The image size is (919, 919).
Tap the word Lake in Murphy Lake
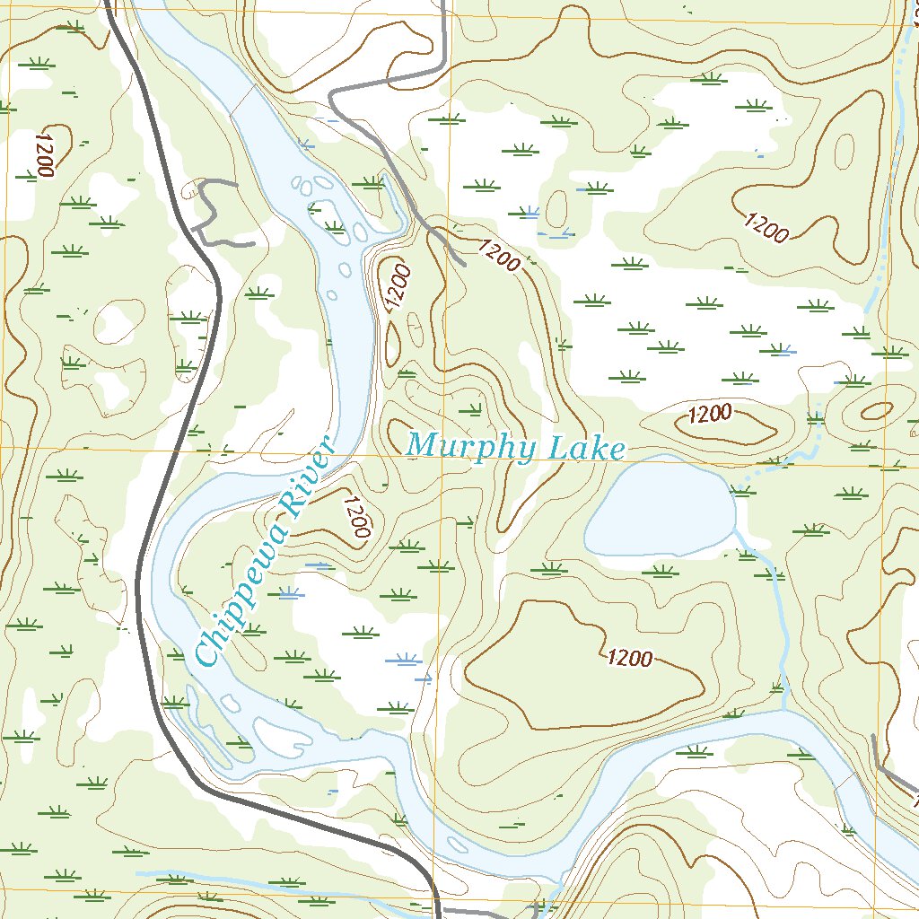point(581,449)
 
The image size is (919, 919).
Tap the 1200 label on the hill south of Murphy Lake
point(629,658)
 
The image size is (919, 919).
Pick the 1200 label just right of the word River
point(356,517)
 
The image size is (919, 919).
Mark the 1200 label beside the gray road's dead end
point(499,256)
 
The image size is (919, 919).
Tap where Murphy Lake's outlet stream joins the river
point(783,709)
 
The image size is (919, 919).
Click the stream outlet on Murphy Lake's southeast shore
point(735,530)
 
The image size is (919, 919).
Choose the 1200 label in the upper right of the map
point(766,228)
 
